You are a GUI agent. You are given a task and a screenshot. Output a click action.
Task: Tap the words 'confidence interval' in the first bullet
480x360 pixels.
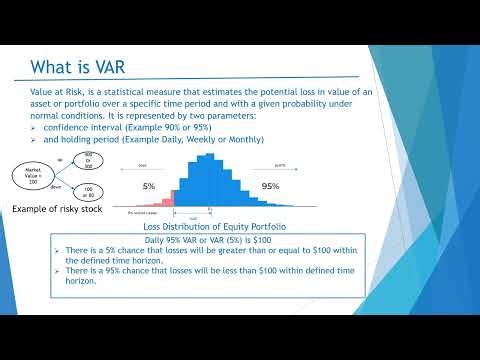pos(88,129)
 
